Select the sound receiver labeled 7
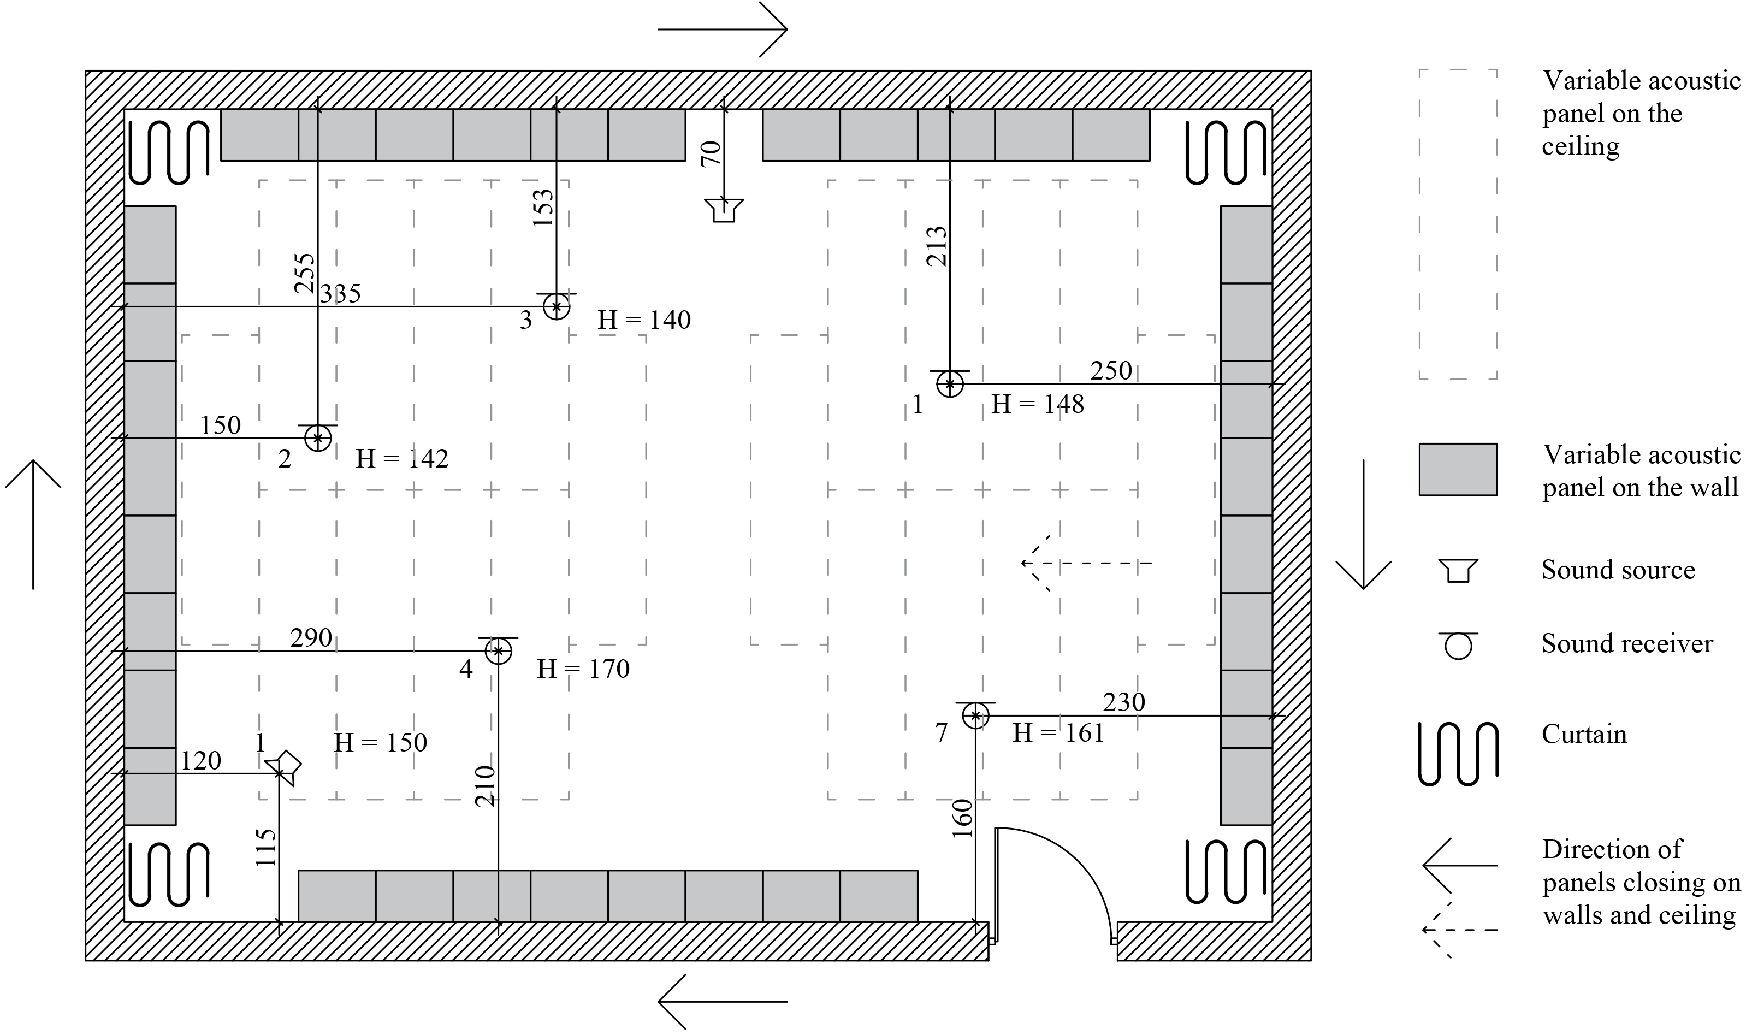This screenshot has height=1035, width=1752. tap(975, 715)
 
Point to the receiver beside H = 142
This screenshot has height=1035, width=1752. tap(318, 438)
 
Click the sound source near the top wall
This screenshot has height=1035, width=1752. tap(724, 210)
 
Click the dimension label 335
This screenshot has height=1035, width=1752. tap(340, 294)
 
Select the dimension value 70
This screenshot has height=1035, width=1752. tap(711, 153)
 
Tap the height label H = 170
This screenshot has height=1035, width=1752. tap(583, 669)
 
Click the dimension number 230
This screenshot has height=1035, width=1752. tap(1124, 702)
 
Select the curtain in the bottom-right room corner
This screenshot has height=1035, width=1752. tap(1226, 874)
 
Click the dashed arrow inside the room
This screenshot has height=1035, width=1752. tap(1086, 563)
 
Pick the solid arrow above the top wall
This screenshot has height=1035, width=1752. tap(723, 29)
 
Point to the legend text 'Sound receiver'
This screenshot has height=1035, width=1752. tap(1627, 643)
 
